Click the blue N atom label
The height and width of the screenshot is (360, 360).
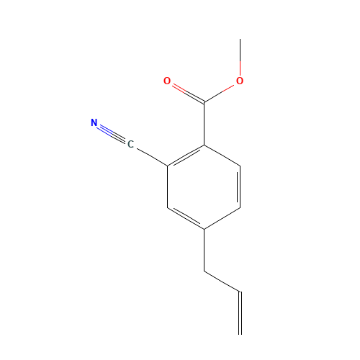click(x=94, y=123)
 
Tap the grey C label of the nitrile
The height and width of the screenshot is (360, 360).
click(x=130, y=144)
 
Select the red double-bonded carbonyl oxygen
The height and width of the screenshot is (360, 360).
click(x=167, y=81)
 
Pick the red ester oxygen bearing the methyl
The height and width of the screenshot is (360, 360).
click(x=240, y=81)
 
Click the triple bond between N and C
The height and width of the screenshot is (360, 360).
click(x=112, y=133)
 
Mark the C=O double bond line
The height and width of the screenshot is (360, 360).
click(x=186, y=91)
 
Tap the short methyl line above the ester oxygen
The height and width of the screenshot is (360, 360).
click(x=240, y=68)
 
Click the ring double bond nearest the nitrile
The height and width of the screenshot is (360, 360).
click(x=186, y=156)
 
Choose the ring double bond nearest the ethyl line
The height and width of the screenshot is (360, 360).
click(x=186, y=218)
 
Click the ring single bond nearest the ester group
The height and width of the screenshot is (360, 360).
click(x=222, y=156)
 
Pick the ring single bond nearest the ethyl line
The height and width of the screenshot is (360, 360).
click(x=222, y=219)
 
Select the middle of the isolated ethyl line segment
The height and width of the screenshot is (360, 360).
click(x=222, y=282)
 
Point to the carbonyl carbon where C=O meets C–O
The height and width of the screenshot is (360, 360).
click(x=204, y=102)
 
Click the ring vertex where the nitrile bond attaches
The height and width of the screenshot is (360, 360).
click(x=168, y=166)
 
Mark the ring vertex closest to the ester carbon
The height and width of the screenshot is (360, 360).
click(x=204, y=145)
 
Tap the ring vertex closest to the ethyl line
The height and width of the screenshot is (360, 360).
click(x=204, y=229)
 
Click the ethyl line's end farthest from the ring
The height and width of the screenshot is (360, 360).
click(x=240, y=292)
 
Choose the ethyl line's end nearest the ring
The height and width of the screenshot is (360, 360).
click(x=204, y=271)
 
